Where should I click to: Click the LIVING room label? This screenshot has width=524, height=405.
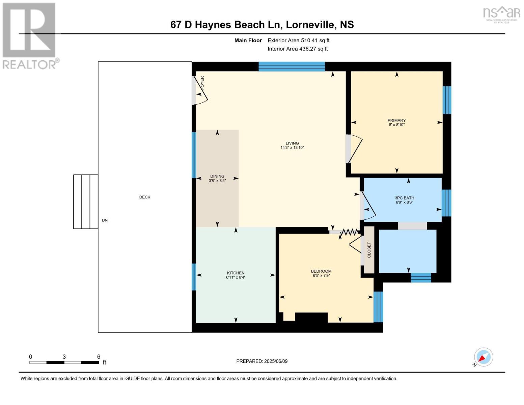(292, 143)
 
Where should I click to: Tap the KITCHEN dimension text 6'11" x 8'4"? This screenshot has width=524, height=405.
(236, 277)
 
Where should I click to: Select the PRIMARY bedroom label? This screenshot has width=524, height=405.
(396, 120)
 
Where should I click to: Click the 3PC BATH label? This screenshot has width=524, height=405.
(404, 198)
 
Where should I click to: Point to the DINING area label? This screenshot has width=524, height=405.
(217, 176)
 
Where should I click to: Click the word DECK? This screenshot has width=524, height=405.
(145, 197)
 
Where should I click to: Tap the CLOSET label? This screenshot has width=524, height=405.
(369, 250)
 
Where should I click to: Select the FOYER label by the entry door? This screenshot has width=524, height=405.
(202, 83)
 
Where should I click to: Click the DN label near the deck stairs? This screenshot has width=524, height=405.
(105, 220)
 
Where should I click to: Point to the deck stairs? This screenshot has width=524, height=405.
(86, 201)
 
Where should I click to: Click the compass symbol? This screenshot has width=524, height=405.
(483, 357)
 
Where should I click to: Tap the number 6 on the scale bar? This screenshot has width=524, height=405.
(99, 357)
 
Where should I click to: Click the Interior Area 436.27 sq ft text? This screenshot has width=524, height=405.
(298, 49)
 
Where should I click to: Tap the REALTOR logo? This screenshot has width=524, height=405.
(29, 35)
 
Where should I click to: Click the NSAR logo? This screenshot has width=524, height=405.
(501, 14)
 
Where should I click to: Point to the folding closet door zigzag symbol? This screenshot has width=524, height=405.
(349, 232)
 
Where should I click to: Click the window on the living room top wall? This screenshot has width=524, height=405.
(292, 66)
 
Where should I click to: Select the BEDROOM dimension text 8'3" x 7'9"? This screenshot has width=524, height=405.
(321, 275)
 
